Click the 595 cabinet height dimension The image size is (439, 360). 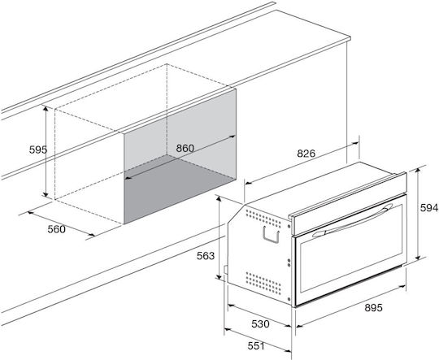click(38, 150)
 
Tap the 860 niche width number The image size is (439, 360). click(185, 148)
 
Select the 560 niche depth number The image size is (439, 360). click(56, 229)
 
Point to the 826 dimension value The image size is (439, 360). click(306, 153)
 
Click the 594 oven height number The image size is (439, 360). click(429, 208)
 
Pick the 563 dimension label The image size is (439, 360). click(206, 256)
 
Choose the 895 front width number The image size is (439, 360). click(373, 308)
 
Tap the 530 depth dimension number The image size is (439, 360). click(260, 324)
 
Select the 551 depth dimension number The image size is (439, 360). click(256, 346)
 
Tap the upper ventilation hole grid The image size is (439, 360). click(263, 218)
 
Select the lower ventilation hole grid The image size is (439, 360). click(263, 283)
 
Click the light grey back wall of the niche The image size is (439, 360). click(180, 132)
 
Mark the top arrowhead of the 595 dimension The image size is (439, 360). click(46, 108)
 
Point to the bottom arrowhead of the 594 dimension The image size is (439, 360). click(418, 257)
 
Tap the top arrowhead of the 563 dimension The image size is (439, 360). click(219, 199)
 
